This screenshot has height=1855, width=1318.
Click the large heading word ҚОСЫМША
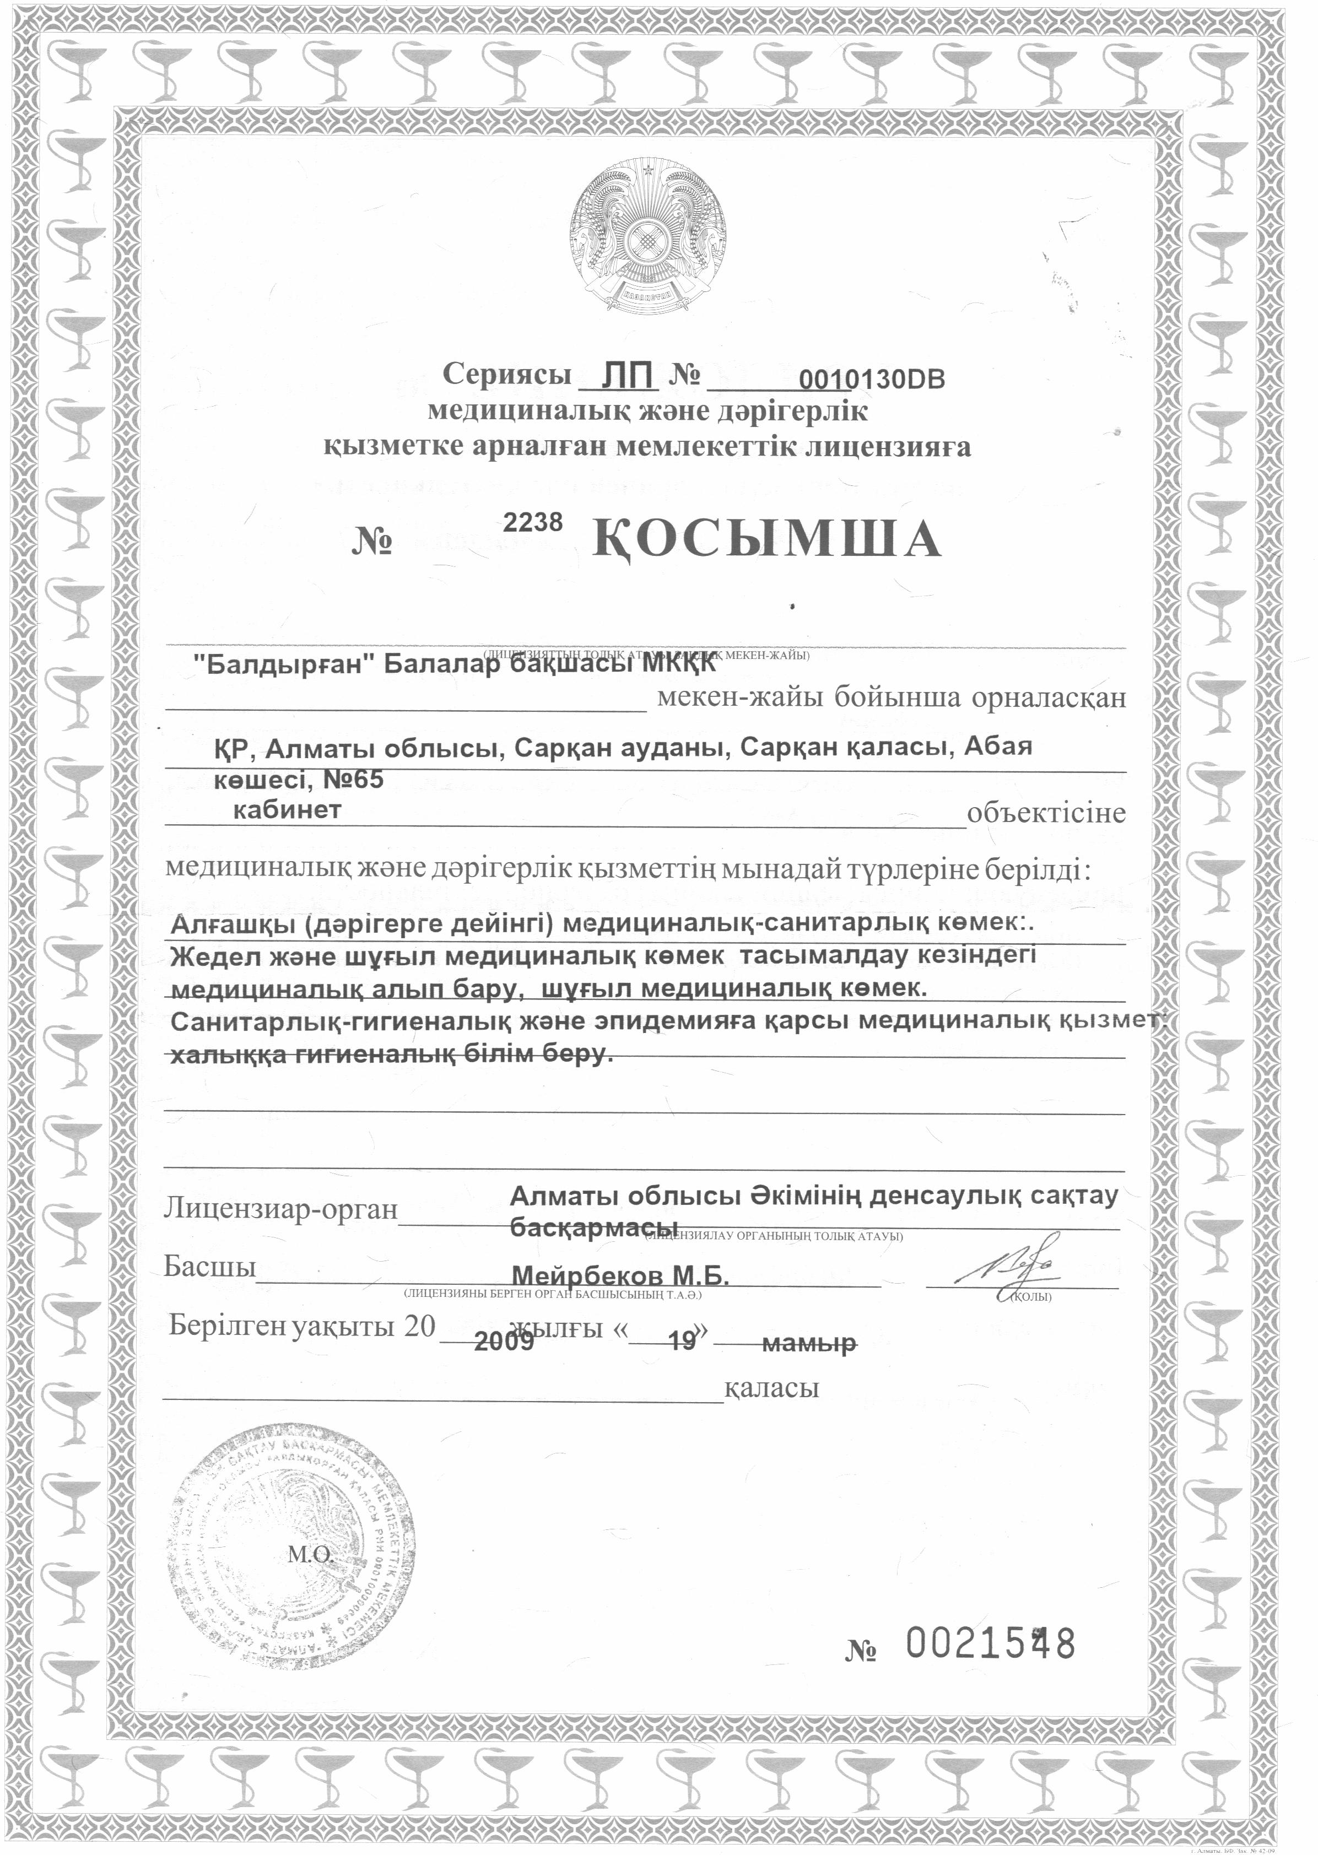(767, 539)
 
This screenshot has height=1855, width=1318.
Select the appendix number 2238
(533, 523)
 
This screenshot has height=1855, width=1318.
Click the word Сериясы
(503, 375)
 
